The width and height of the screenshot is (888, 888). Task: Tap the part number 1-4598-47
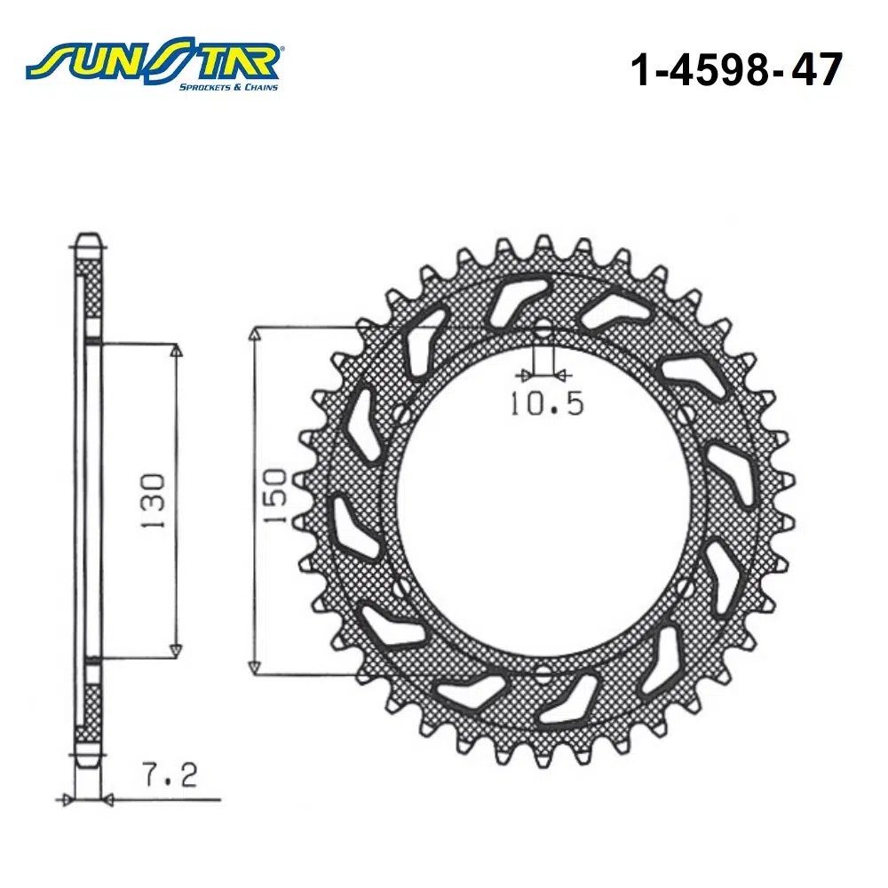[736, 69]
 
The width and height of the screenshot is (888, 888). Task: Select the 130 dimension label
[154, 501]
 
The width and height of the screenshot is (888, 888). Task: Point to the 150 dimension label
[276, 496]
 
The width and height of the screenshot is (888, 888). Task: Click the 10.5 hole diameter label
[547, 404]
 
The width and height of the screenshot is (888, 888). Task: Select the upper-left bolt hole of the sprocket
[402, 416]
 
